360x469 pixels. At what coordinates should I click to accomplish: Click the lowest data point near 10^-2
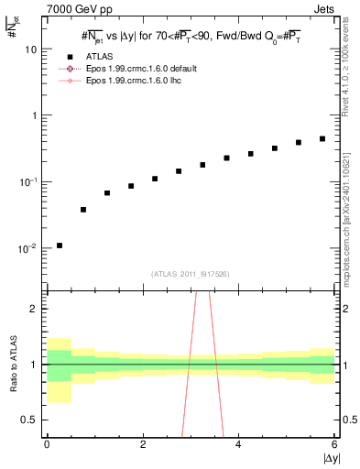[60, 245]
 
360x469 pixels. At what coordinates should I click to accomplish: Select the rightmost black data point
[322, 139]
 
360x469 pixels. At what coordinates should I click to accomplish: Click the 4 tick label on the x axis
[238, 444]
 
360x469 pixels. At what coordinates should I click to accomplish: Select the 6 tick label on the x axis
[334, 444]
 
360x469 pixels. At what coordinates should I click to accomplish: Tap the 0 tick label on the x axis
[47, 444]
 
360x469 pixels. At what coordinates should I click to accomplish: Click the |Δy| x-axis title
[329, 458]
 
